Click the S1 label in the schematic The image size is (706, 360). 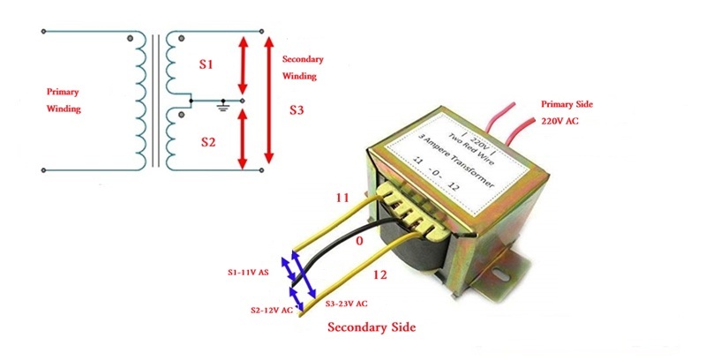click(x=205, y=64)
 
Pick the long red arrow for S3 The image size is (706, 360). click(x=270, y=97)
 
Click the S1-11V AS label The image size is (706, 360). click(x=250, y=274)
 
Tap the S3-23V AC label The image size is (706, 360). click(x=349, y=304)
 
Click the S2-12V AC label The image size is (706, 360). click(x=264, y=310)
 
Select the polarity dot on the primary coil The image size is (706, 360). click(x=131, y=38)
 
